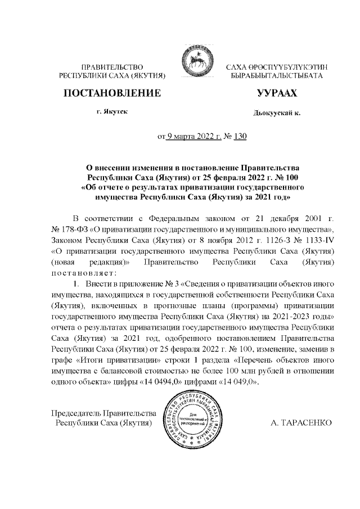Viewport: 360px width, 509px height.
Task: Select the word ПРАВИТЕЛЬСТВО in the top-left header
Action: coord(111,67)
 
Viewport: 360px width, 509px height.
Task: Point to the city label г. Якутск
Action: coord(111,112)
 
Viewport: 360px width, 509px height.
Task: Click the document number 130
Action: coord(240,136)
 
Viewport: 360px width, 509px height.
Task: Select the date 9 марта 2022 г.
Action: coord(192,136)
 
